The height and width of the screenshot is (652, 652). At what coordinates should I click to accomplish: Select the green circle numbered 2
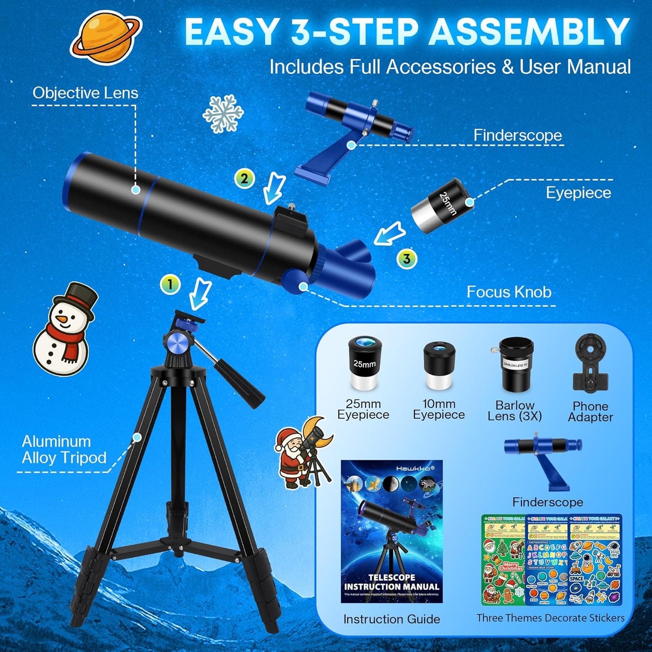(x=244, y=178)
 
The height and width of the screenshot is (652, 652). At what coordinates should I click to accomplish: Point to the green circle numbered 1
(x=170, y=284)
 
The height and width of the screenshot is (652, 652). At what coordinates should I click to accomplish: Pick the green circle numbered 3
(x=406, y=259)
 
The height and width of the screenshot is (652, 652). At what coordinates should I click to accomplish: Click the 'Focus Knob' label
(x=509, y=292)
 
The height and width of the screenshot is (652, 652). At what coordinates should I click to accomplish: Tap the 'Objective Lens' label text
(x=85, y=93)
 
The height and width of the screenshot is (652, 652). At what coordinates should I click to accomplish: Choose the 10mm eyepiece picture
(x=439, y=365)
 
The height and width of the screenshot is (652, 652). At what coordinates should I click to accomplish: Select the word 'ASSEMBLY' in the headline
(x=529, y=31)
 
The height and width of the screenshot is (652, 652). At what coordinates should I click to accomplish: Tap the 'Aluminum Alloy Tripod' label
(x=64, y=449)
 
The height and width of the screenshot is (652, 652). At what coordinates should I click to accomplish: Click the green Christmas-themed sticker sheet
(x=504, y=561)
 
